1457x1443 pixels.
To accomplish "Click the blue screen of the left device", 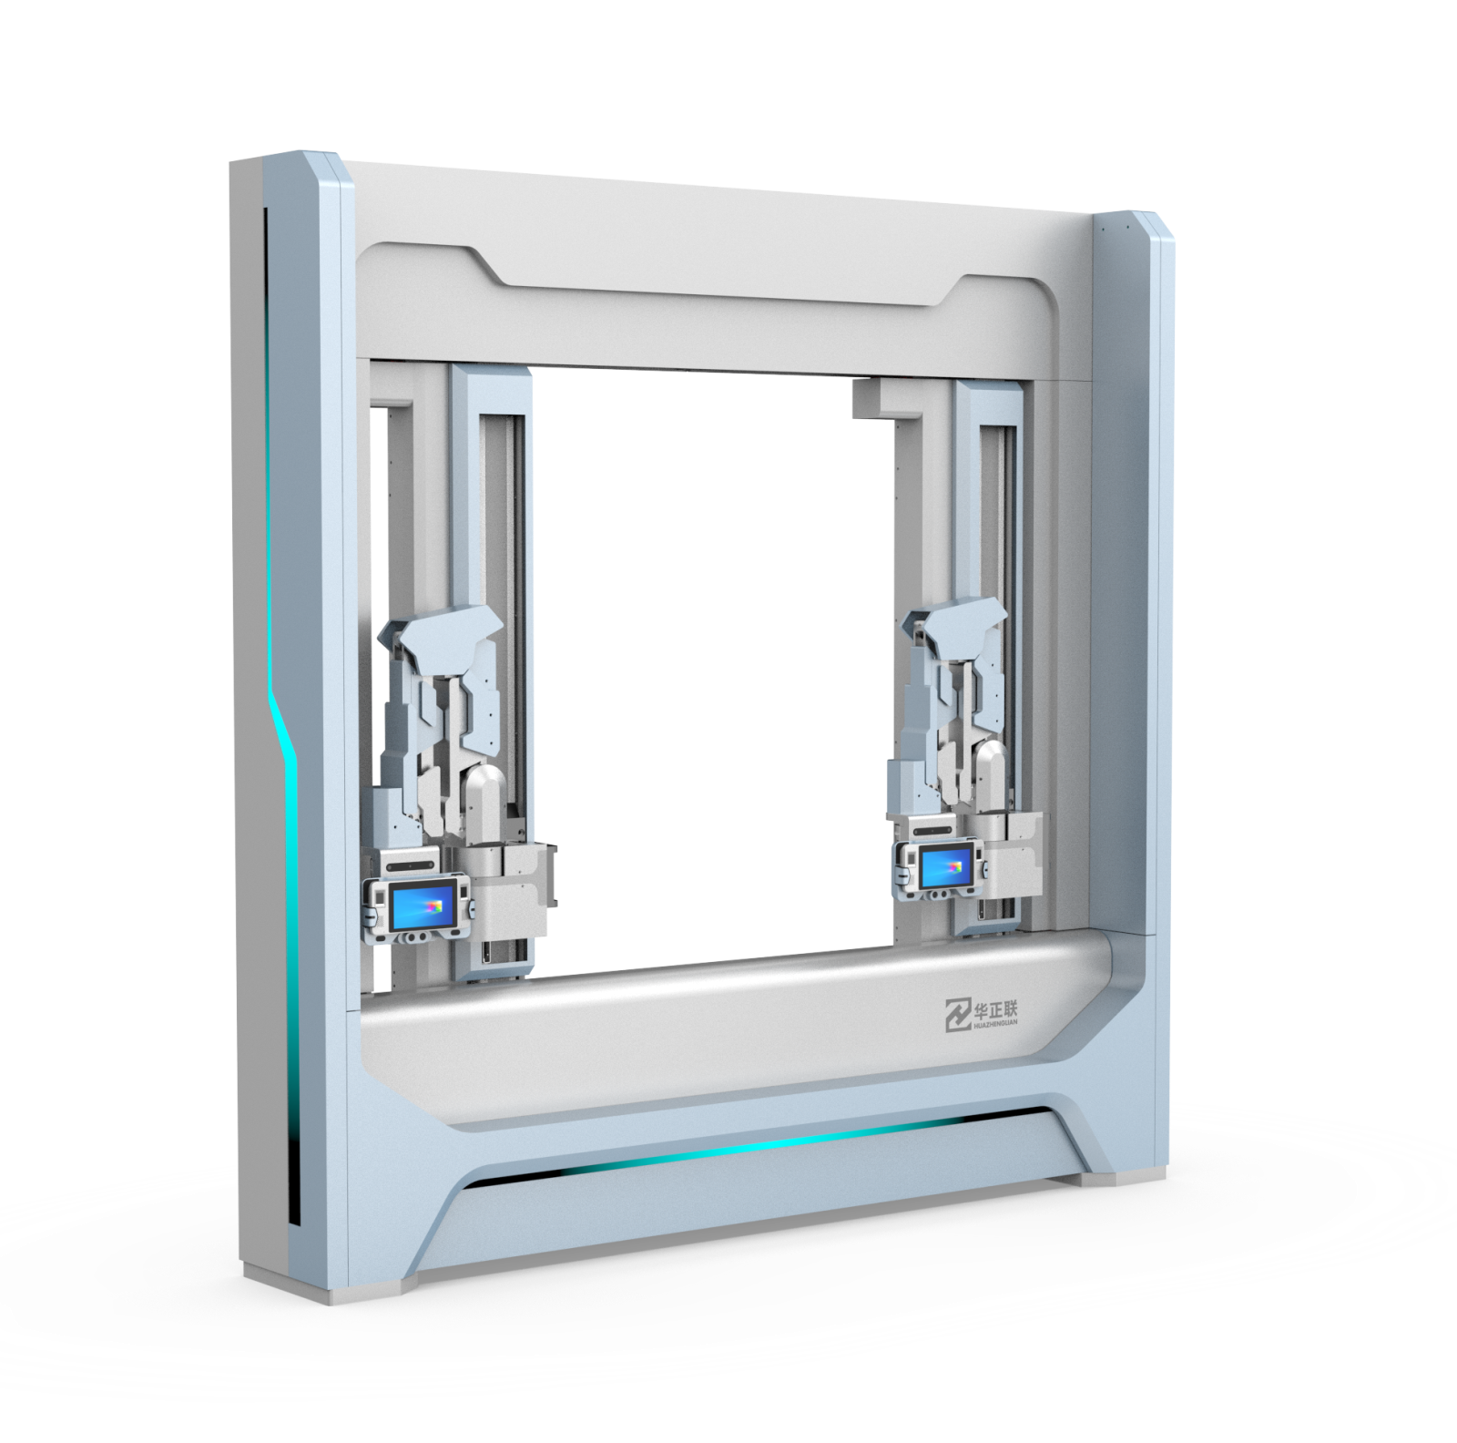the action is click(x=423, y=907).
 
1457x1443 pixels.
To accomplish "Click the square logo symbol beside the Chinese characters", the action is click(x=957, y=1014).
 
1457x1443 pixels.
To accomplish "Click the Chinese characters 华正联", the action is click(x=996, y=1009).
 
